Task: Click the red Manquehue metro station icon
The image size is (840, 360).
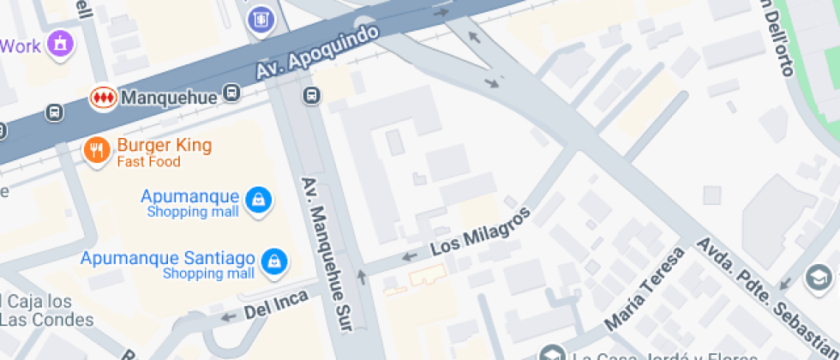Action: click(103, 98)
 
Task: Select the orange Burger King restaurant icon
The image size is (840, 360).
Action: click(96, 151)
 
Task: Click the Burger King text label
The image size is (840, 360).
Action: click(164, 145)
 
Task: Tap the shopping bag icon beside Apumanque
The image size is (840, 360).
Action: click(257, 201)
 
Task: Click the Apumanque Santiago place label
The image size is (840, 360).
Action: click(167, 258)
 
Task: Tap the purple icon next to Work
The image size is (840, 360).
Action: click(60, 42)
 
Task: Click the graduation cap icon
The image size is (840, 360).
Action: click(819, 278)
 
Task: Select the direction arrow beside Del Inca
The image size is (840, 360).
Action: click(228, 318)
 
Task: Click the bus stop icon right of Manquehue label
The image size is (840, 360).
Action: click(231, 93)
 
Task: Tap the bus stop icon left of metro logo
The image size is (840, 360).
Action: click(56, 112)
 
